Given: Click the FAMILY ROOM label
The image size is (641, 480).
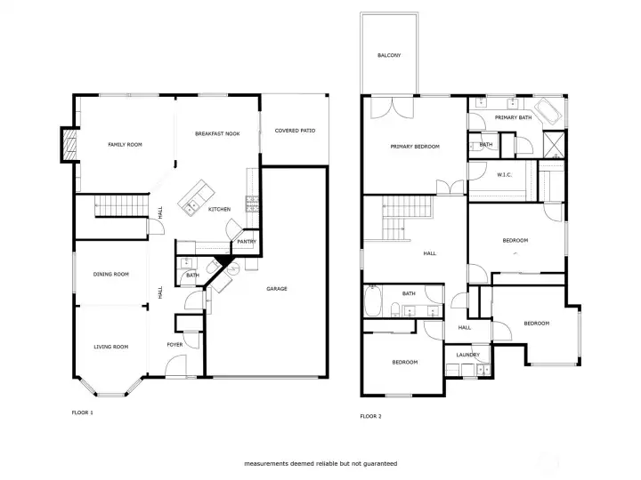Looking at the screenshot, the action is click(x=126, y=145).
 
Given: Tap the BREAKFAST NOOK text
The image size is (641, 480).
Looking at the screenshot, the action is click(x=217, y=134).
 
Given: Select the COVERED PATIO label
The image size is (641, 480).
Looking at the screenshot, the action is click(x=296, y=131).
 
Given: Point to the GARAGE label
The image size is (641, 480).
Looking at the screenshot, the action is click(x=277, y=289).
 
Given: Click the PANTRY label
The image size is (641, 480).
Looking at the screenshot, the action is click(x=247, y=242).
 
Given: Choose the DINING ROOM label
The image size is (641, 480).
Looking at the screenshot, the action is click(x=111, y=275).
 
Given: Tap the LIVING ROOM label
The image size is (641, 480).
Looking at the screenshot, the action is click(x=111, y=347).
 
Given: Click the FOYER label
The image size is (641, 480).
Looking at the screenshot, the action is click(x=175, y=345).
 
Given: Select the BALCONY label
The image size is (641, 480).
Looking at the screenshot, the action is click(x=389, y=55).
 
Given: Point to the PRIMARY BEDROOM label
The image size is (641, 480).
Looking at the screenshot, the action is click(x=415, y=147).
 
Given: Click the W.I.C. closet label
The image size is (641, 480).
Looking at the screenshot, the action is click(x=505, y=175).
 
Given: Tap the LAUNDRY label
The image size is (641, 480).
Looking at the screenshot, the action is click(x=468, y=355).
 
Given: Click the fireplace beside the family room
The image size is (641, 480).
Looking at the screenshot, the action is click(x=70, y=145).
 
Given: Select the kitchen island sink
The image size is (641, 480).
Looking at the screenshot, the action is click(x=191, y=207).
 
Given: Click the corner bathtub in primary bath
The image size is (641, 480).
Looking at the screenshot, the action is click(x=548, y=110).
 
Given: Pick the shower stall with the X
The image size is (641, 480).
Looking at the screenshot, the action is click(x=554, y=144).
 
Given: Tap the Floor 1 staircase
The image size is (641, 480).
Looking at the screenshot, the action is click(x=120, y=205).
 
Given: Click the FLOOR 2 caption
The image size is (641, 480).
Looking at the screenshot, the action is click(x=370, y=416).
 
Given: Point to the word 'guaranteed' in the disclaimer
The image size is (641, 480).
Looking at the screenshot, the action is click(x=381, y=464).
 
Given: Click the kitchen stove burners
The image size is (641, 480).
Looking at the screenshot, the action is click(x=252, y=204).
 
